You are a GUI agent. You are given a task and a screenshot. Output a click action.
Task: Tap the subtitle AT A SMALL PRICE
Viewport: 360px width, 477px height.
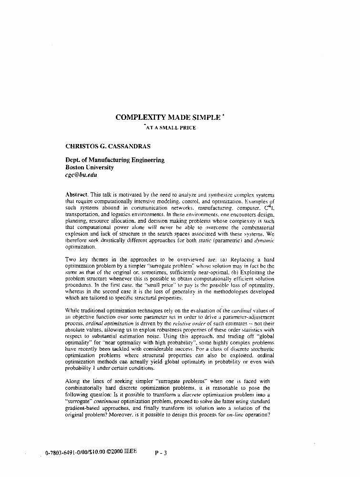167,128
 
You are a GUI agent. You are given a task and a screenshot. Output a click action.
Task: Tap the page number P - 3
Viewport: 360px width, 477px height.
161,454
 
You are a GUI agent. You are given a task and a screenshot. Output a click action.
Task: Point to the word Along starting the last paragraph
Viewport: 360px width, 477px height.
73,381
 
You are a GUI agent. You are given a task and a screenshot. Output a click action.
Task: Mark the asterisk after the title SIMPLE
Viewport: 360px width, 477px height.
223,115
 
